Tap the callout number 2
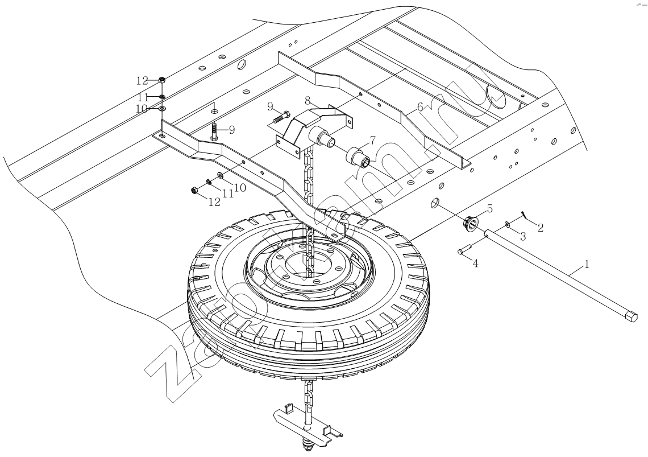(x=540, y=228)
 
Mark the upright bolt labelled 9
(x=215, y=132)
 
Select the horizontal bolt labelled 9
(x=279, y=118)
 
